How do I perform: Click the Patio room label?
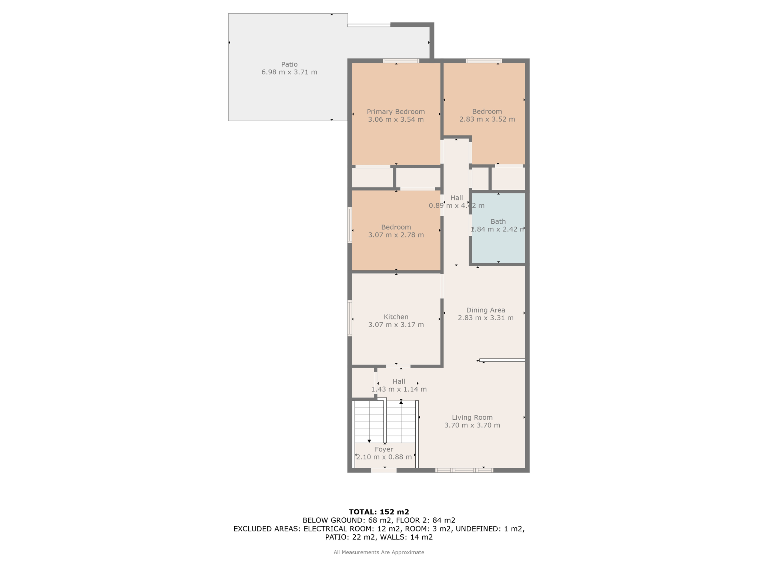click(289, 64)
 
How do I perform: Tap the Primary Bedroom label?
click(396, 112)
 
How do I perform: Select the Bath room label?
click(498, 222)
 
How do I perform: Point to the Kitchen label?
click(396, 317)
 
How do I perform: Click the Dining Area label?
click(486, 310)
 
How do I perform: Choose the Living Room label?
click(472, 417)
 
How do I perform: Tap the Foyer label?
click(384, 449)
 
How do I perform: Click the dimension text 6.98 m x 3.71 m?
click(289, 72)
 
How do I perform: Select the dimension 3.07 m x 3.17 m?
click(396, 325)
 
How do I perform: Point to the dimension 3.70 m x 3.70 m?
click(472, 425)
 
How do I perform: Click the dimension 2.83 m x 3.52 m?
click(487, 119)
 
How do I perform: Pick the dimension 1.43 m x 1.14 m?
click(399, 389)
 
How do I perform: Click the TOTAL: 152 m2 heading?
click(379, 512)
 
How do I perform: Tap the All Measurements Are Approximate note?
click(379, 552)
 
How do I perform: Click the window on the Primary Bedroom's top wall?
click(401, 61)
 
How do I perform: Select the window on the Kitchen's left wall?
click(350, 318)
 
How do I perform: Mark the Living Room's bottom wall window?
click(464, 470)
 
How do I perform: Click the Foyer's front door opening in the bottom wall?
click(384, 470)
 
